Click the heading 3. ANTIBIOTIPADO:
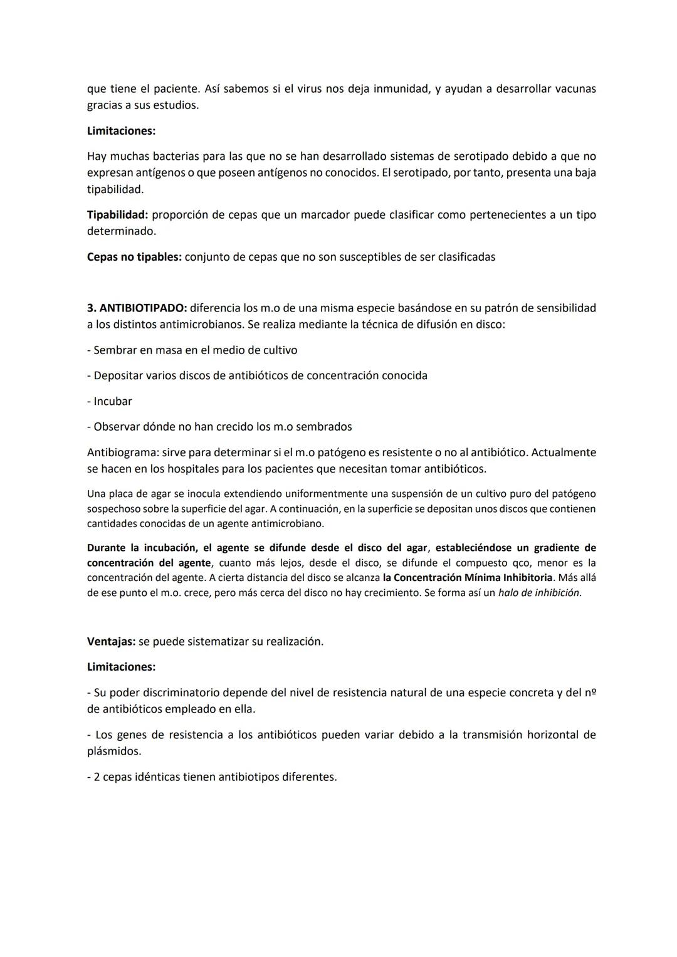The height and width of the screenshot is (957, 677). [137, 308]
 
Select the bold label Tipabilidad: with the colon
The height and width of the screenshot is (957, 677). [117, 214]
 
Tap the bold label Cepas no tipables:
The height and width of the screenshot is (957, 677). [134, 257]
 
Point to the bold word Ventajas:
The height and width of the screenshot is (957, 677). [110, 641]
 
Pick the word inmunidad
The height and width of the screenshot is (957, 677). [401, 88]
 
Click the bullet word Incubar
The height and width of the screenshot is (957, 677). [113, 401]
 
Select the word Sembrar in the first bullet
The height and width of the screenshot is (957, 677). [114, 350]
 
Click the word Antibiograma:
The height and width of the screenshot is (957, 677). [122, 452]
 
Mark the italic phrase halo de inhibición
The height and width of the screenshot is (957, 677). [539, 592]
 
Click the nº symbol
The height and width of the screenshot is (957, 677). [589, 693]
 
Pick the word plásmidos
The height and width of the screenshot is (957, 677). [114, 751]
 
